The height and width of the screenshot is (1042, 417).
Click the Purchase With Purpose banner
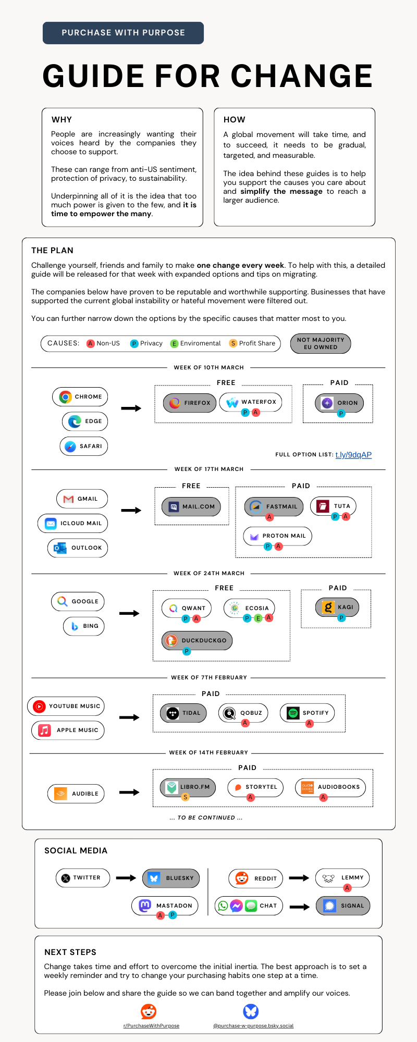[123, 33]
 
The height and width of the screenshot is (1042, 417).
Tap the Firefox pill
[190, 403]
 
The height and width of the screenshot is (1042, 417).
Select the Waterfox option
[251, 402]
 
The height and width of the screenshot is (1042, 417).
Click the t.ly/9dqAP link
[353, 455]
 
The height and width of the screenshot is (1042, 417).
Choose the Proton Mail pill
[278, 536]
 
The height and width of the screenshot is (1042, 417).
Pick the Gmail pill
[82, 499]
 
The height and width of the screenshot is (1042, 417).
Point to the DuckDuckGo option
[197, 640]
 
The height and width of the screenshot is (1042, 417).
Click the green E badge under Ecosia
[258, 618]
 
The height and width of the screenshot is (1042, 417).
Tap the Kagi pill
[337, 607]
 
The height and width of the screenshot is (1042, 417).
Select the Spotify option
[308, 713]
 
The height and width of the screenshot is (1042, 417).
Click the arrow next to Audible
[129, 792]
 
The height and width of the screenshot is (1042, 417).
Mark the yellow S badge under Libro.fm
[185, 797]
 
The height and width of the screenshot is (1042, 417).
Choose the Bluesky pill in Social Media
[171, 878]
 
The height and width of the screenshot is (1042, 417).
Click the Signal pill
[344, 905]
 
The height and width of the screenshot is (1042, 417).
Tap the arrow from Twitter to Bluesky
[126, 878]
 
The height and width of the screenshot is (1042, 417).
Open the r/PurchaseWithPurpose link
[151, 1026]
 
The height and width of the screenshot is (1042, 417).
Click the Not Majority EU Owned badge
[321, 343]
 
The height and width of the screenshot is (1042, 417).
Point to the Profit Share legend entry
[253, 343]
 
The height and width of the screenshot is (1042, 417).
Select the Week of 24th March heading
[209, 573]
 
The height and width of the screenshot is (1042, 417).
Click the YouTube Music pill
[66, 706]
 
